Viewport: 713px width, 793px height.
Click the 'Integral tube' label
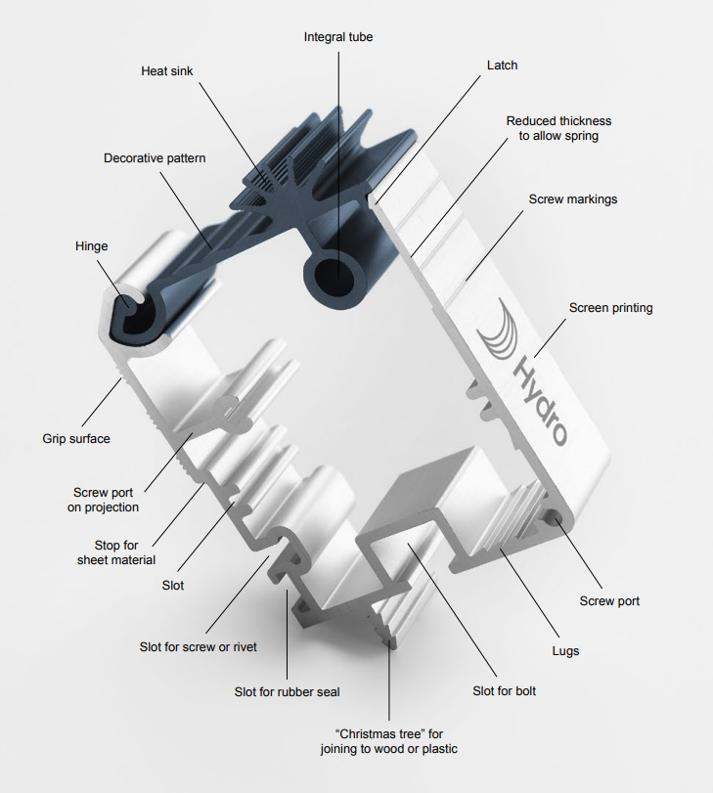[337, 37]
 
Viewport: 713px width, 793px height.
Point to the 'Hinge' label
[91, 246]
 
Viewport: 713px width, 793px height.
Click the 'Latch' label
[502, 66]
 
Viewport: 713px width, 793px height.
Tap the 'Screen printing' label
[610, 308]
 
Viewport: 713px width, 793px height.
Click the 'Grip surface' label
[76, 439]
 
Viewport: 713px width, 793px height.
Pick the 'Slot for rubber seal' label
[287, 692]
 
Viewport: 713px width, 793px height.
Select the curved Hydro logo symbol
[498, 331]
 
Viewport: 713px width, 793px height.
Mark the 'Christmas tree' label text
[388, 741]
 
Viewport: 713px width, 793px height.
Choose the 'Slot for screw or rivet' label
[199, 647]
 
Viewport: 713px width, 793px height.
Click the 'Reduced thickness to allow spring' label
[558, 128]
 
